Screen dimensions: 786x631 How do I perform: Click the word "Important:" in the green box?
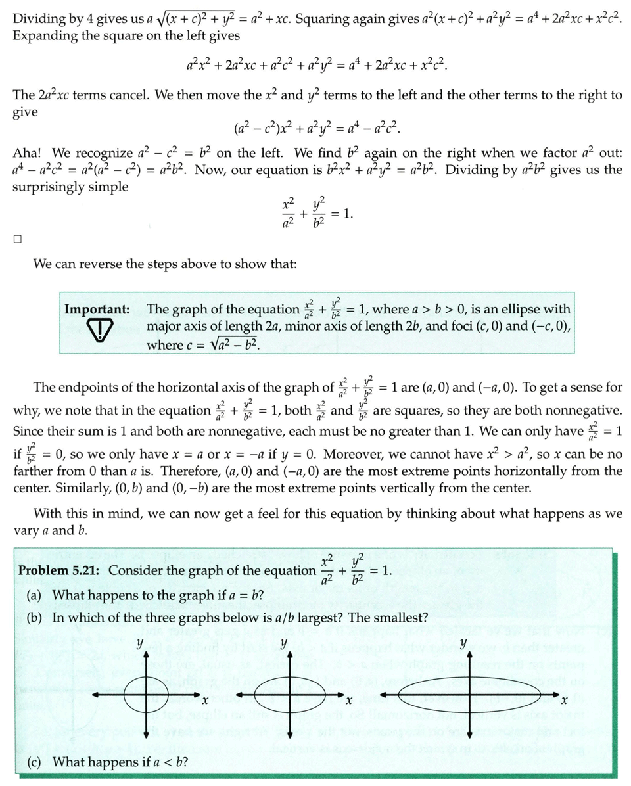click(96, 310)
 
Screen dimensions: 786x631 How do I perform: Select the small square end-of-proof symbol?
click(17, 239)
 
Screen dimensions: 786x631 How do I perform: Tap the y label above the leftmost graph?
click(140, 643)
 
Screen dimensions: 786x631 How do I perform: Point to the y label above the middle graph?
click(283, 643)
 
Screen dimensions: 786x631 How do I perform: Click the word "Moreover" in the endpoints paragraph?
click(360, 454)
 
